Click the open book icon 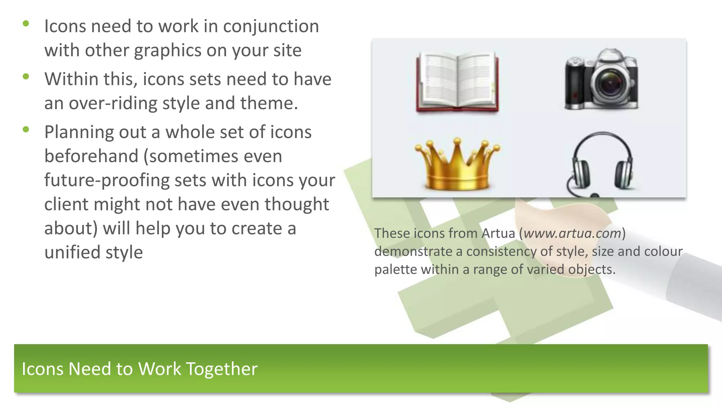pyautogui.click(x=457, y=82)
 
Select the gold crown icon pyautogui.click(x=457, y=164)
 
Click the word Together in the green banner pyautogui.click(x=222, y=369)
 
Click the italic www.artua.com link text pyautogui.click(x=572, y=233)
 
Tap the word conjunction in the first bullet pyautogui.click(x=271, y=27)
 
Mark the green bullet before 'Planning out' pyautogui.click(x=26, y=130)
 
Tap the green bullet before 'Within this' pyautogui.click(x=26, y=76)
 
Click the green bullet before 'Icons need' pyautogui.click(x=26, y=24)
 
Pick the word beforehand pyautogui.click(x=91, y=156)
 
